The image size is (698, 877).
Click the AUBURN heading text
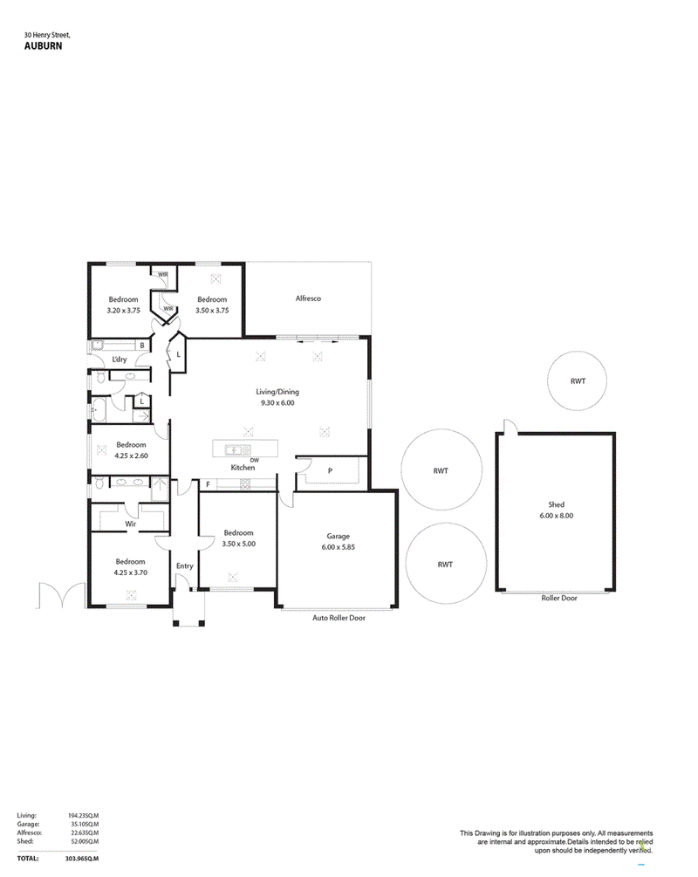click(43, 46)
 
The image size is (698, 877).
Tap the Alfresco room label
click(308, 298)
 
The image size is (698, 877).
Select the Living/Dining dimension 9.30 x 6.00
click(277, 402)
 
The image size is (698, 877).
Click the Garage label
click(339, 536)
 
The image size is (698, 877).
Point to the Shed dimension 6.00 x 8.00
click(557, 516)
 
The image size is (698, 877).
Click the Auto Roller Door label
click(339, 618)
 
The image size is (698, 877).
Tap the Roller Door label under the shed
click(559, 598)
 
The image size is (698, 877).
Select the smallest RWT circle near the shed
click(578, 380)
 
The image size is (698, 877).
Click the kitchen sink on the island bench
click(237, 449)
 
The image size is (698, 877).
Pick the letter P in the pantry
click(330, 471)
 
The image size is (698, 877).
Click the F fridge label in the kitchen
click(208, 484)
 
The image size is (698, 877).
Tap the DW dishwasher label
click(255, 460)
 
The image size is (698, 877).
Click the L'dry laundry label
click(120, 360)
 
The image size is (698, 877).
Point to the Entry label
click(185, 566)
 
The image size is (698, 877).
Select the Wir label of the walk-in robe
click(130, 524)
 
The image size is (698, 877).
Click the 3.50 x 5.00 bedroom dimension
click(239, 544)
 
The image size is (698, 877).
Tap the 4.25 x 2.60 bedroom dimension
click(132, 456)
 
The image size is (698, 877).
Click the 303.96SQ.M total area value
click(82, 859)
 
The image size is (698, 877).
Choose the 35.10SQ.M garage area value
click(84, 824)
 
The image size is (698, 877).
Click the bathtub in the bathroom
click(99, 410)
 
